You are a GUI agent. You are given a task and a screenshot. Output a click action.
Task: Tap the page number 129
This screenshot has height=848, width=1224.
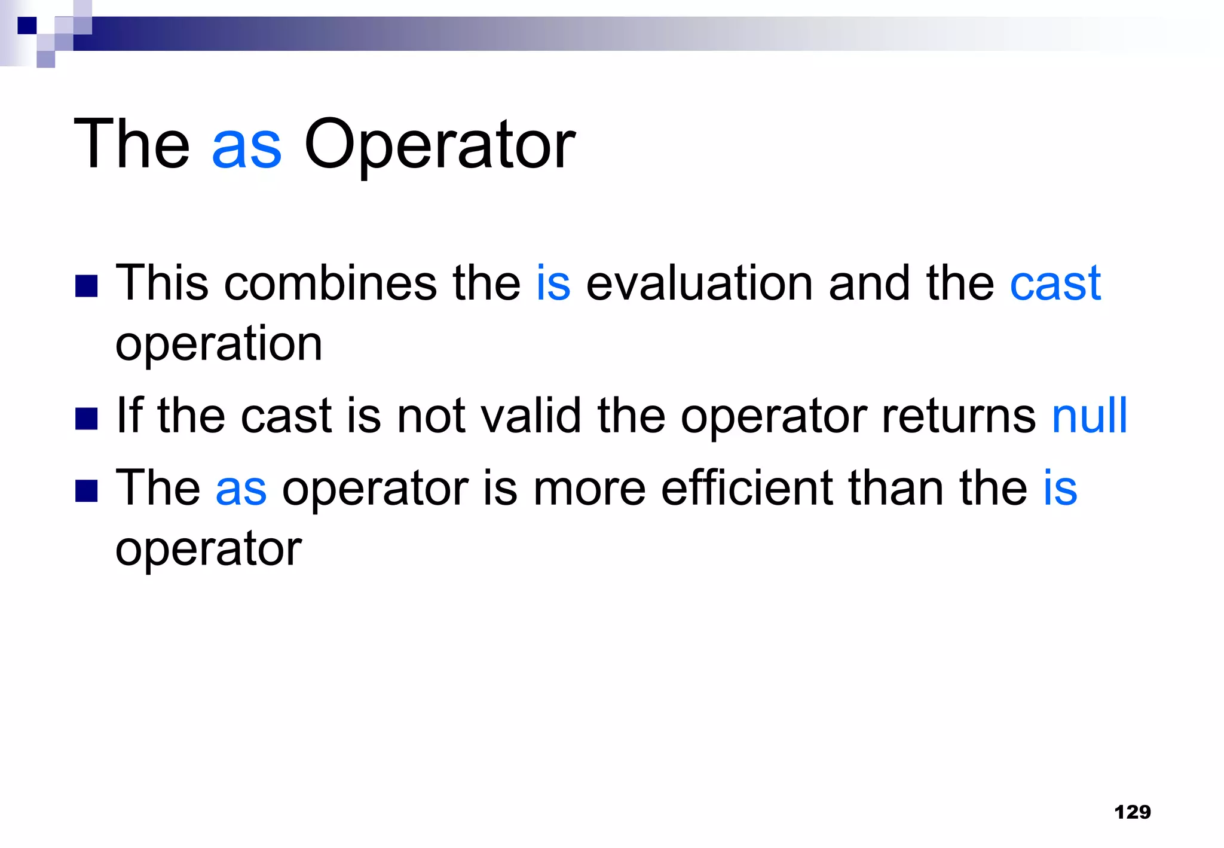click(1133, 812)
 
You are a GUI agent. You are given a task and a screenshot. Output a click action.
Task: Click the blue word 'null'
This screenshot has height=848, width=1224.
click(1089, 415)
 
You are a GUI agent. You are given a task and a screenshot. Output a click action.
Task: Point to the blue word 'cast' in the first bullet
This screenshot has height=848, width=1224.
click(1055, 283)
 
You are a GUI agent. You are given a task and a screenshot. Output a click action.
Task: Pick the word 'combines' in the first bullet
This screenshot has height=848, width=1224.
click(330, 283)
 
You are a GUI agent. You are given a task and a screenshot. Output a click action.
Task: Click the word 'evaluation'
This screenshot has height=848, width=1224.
click(699, 283)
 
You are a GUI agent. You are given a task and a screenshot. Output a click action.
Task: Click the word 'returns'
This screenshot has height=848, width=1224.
click(959, 415)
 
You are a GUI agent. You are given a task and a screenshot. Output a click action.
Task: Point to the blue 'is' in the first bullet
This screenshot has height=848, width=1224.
click(553, 283)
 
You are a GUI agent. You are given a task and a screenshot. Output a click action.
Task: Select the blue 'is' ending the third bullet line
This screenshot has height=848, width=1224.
click(1060, 488)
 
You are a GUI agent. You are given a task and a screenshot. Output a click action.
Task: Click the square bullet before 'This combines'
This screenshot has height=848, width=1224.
click(87, 286)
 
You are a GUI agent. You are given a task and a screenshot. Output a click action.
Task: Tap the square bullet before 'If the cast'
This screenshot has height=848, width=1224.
click(87, 419)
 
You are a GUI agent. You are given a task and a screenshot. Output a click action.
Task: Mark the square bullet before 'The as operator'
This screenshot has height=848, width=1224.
click(87, 491)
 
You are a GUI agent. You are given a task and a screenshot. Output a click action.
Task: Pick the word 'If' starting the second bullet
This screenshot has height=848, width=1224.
click(129, 415)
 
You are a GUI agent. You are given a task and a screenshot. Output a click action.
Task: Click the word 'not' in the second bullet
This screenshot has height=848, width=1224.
click(431, 415)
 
